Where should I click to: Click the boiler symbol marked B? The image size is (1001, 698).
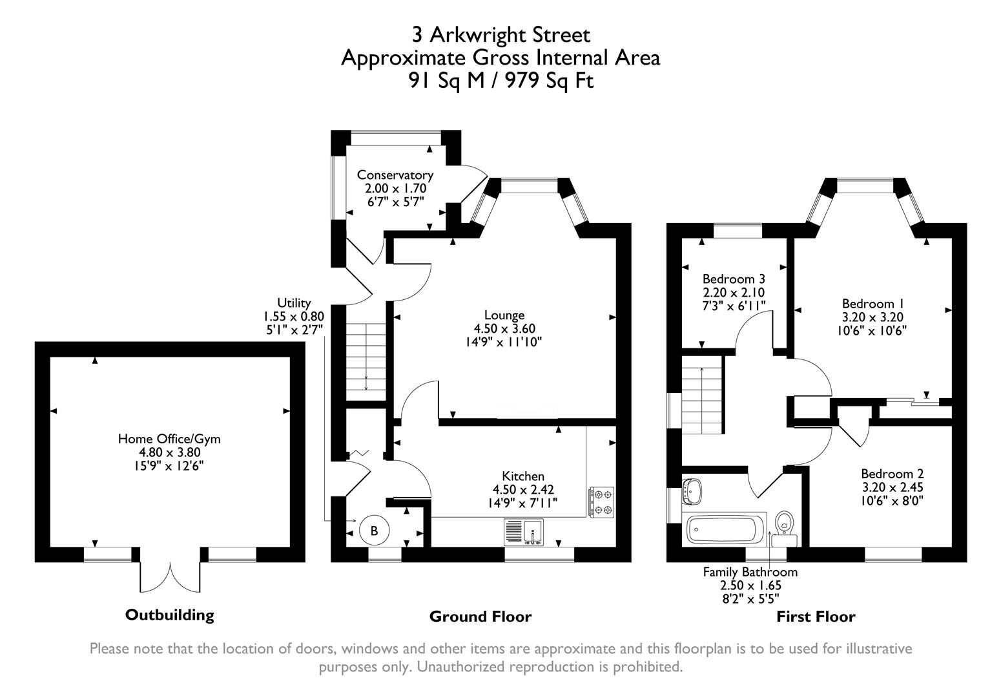click(373, 531)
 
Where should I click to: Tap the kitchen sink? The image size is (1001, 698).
click(524, 532)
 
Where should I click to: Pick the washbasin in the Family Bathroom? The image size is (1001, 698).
click(692, 491)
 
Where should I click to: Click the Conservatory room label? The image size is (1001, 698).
click(395, 175)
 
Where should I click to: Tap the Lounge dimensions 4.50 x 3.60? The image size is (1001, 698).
click(504, 328)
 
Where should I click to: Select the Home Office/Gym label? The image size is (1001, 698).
click(169, 439)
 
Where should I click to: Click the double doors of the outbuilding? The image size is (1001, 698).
click(170, 575)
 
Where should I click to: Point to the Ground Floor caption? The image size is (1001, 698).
click(480, 617)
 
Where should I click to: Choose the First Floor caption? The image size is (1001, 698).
click(815, 617)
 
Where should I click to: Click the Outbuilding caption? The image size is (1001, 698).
click(169, 614)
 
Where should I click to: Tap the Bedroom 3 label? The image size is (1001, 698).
click(734, 279)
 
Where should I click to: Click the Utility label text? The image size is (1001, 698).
click(294, 302)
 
